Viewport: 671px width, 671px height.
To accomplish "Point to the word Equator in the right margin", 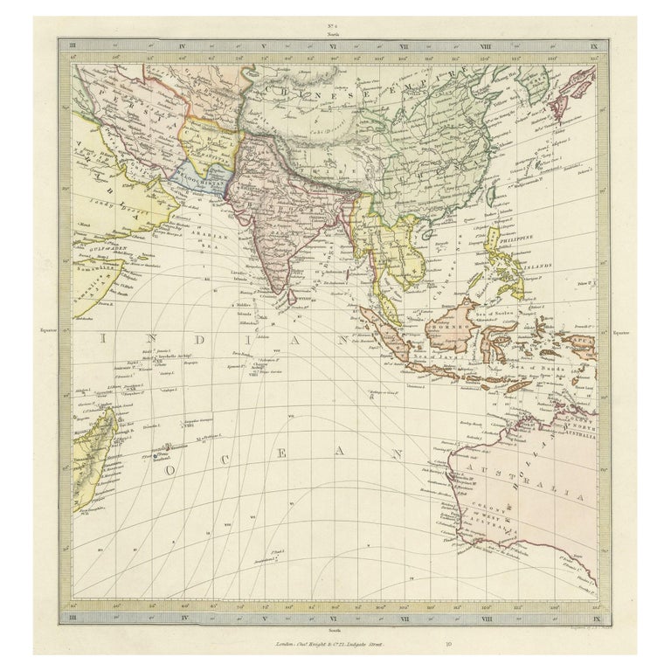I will click(x=621, y=332).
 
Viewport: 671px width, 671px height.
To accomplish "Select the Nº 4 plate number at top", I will click(x=335, y=30).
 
